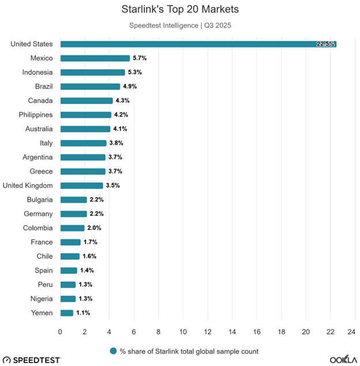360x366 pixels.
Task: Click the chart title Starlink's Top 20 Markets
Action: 180,10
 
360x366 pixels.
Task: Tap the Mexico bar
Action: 95,58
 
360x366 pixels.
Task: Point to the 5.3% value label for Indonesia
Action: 134,72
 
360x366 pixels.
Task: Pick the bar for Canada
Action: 87,100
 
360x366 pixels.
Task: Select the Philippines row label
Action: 35,115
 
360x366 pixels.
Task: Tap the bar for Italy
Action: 83,143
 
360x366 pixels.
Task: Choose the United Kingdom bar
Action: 81,186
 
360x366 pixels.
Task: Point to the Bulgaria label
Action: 40,199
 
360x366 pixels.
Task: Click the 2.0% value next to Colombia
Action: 94,228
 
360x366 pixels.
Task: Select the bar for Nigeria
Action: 68,299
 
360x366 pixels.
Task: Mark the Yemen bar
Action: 67,313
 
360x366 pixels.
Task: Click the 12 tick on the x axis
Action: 208,331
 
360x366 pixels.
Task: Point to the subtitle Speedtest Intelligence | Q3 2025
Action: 180,25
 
